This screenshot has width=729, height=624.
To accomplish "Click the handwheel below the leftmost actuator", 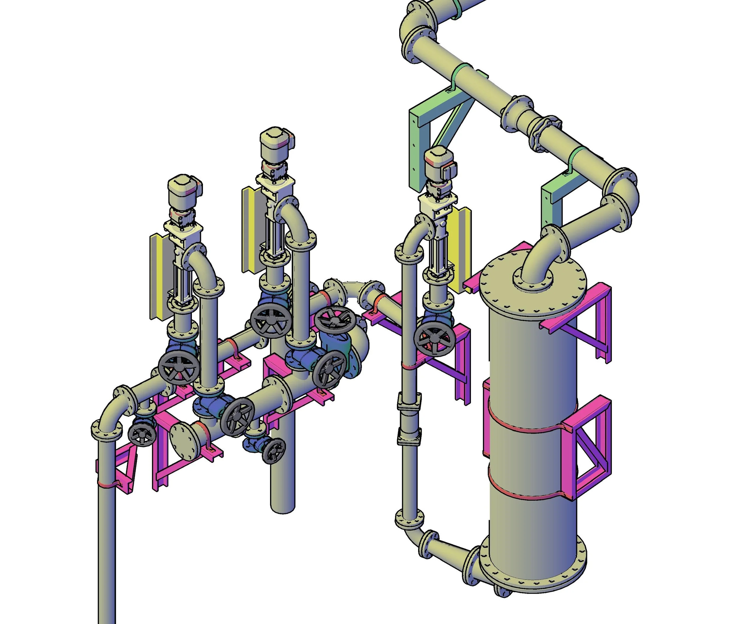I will click(x=179, y=369).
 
